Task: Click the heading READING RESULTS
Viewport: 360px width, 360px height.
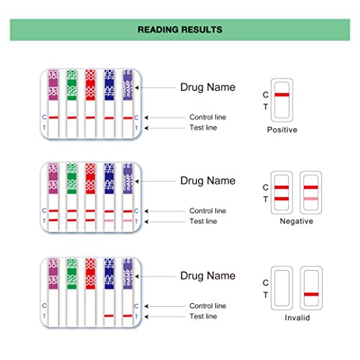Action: [180, 30]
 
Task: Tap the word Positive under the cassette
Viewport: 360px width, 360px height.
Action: [282, 130]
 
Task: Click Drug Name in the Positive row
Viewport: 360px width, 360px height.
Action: [207, 88]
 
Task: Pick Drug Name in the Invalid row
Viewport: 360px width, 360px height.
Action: [207, 276]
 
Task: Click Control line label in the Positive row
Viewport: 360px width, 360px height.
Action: [207, 117]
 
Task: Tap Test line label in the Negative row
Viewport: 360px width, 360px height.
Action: [202, 221]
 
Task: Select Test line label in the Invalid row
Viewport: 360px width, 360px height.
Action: [202, 317]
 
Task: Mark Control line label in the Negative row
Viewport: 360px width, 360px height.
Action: [207, 210]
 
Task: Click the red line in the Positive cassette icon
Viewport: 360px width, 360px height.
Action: [282, 95]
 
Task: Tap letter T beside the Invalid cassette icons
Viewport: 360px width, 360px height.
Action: [266, 295]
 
